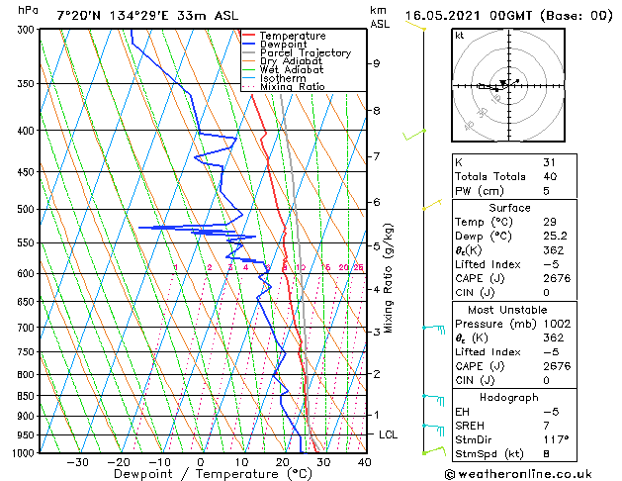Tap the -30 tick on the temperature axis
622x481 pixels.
77,461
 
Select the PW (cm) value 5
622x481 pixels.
547,191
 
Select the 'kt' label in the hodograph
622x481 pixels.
459,35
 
